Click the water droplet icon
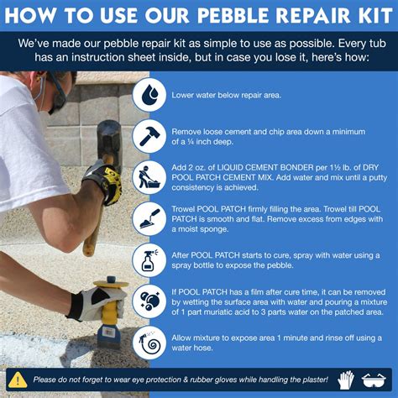(x=149, y=95)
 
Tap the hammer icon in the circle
(x=149, y=136)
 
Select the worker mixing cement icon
(x=149, y=177)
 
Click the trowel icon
(x=149, y=218)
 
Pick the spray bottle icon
(x=149, y=260)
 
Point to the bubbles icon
(x=149, y=301)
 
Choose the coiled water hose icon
(x=149, y=343)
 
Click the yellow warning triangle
(x=18, y=380)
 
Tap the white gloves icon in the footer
(x=346, y=380)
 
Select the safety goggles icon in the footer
(x=374, y=380)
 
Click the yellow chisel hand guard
(x=111, y=284)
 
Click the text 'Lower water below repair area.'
(x=226, y=95)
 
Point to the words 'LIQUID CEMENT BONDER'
(x=265, y=167)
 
